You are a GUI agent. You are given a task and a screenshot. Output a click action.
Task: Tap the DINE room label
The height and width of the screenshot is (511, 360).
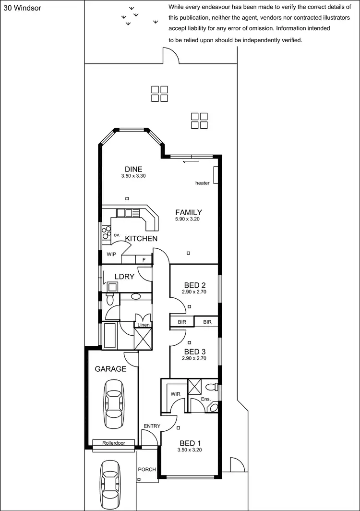[133, 169]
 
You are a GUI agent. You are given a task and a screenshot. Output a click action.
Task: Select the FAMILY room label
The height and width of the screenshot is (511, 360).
[188, 212]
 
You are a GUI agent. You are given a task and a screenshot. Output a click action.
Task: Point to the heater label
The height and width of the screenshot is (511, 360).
[202, 183]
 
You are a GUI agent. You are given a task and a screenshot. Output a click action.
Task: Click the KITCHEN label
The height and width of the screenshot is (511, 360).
[141, 239]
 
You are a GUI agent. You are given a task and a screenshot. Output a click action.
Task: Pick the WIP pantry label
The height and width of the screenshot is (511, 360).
[111, 254]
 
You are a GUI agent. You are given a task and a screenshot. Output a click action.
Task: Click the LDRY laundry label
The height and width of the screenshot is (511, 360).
[124, 277]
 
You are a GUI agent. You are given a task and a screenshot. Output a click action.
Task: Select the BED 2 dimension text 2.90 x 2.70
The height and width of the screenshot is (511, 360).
[194, 292]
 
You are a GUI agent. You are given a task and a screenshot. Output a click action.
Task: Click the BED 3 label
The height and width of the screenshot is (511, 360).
[194, 351]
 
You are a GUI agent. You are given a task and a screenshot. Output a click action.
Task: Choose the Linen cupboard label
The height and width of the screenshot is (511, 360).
[144, 325]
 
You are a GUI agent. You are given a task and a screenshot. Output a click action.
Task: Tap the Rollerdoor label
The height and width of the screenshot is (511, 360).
[113, 443]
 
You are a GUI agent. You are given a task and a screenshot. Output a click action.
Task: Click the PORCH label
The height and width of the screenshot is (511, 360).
[147, 469]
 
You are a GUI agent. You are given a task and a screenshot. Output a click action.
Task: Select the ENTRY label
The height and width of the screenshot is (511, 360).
[152, 426]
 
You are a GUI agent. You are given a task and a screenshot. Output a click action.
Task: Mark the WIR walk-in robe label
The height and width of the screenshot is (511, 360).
[175, 394]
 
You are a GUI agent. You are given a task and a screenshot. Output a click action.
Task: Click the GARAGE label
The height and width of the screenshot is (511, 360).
[110, 369]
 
